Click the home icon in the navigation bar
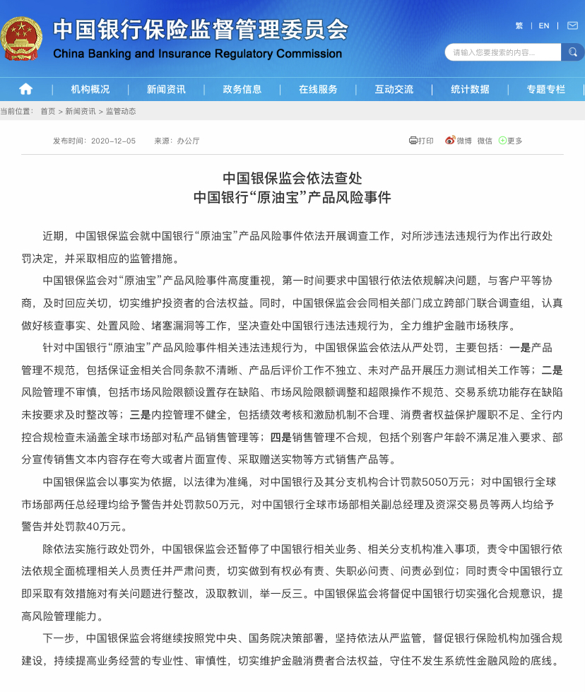25,89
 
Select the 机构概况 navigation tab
90,89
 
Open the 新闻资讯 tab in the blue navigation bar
166,89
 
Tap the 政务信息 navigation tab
242,89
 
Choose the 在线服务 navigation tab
318,89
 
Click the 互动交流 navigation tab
394,89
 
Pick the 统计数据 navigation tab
470,89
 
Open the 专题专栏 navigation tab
545,89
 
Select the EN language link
543,25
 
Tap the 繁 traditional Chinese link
519,25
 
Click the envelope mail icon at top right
572,25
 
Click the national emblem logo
21,38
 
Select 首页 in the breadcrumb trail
47,111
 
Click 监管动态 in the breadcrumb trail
121,111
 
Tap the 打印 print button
421,141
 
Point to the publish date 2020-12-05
113,141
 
